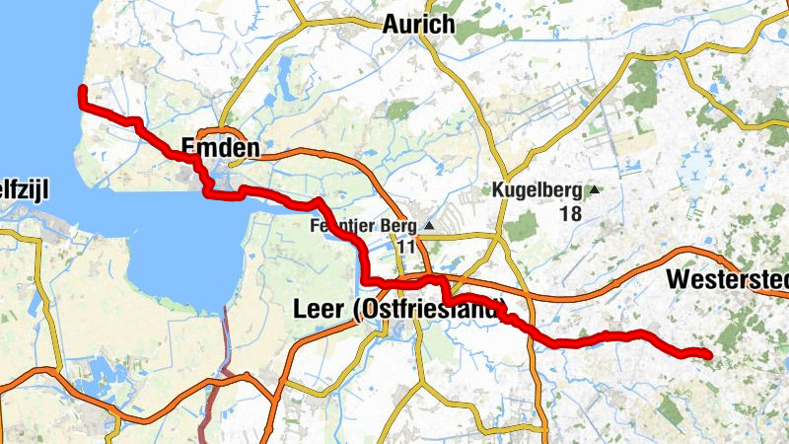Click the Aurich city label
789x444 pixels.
coord(418,25)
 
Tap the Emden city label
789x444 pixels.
coord(220,149)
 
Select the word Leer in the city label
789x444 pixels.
coord(320,309)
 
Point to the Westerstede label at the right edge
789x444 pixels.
coord(728,279)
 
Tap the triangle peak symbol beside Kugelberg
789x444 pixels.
coord(595,190)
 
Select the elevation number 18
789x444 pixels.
coord(569,213)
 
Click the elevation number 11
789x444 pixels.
coord(407,247)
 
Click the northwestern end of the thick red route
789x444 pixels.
coord(82,90)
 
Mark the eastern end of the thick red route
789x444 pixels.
coord(708,353)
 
